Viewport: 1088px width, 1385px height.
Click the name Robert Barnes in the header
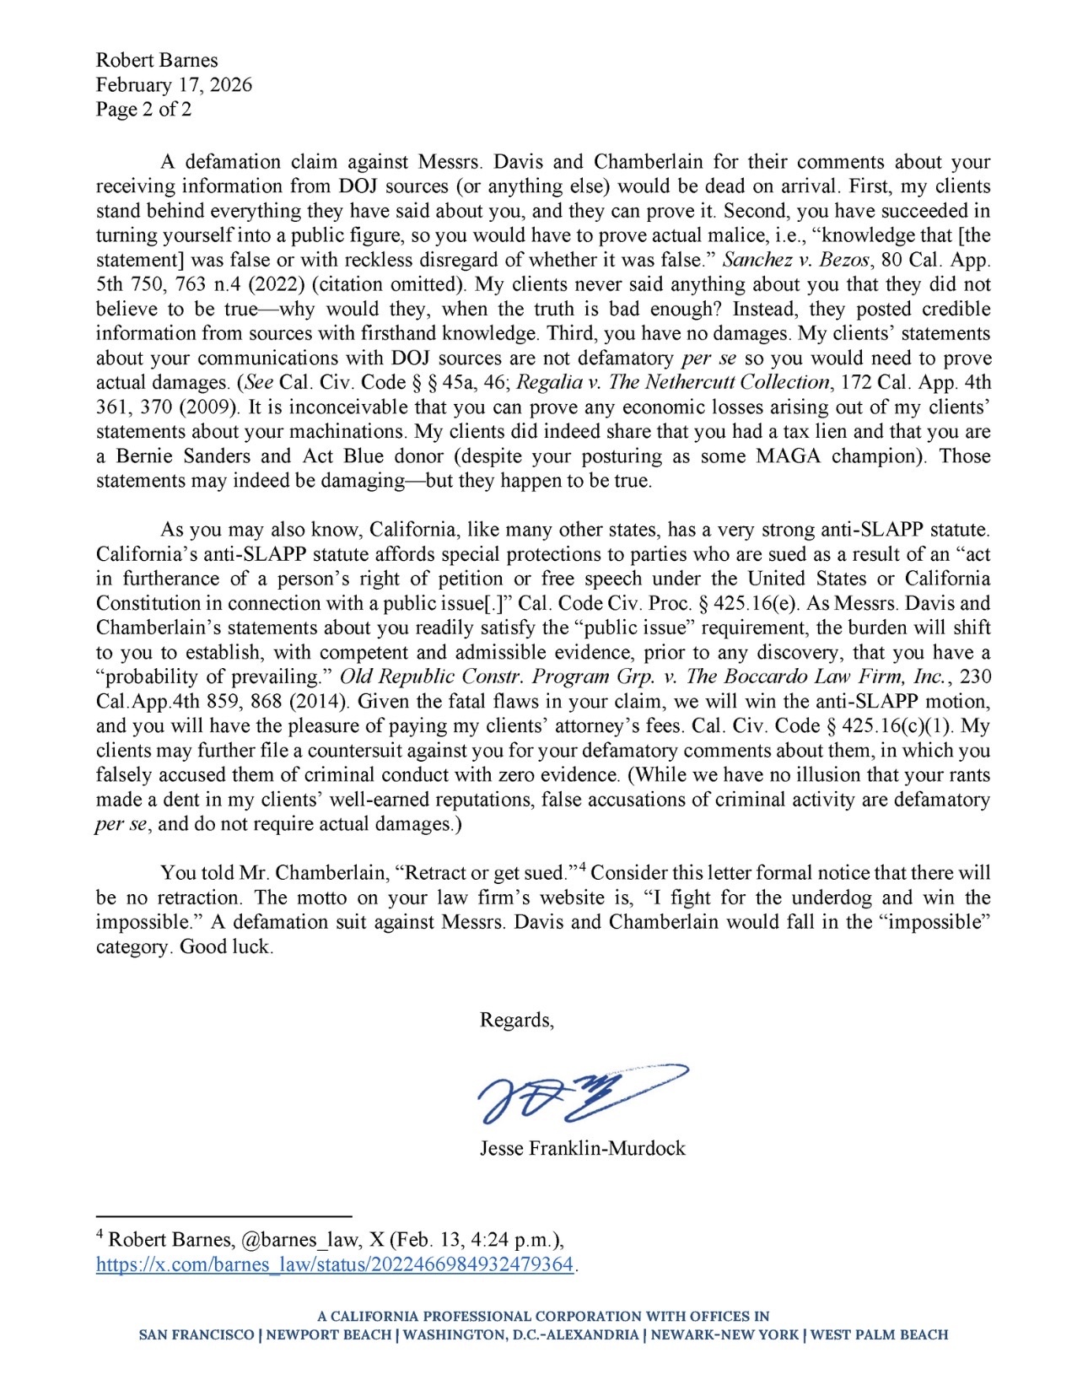click(x=157, y=60)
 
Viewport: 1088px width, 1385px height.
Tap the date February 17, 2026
click(x=174, y=84)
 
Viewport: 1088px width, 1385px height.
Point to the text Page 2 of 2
click(x=143, y=109)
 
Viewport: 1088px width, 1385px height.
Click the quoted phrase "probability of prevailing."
click(x=214, y=677)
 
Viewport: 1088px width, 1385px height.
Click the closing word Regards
click(x=516, y=1020)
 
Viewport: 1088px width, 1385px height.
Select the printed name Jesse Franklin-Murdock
click(x=582, y=1148)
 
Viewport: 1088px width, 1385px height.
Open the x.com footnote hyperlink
click(x=335, y=1264)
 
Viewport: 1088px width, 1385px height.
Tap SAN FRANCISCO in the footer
click(x=197, y=1335)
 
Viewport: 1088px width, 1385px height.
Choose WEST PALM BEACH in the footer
click(x=879, y=1335)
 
